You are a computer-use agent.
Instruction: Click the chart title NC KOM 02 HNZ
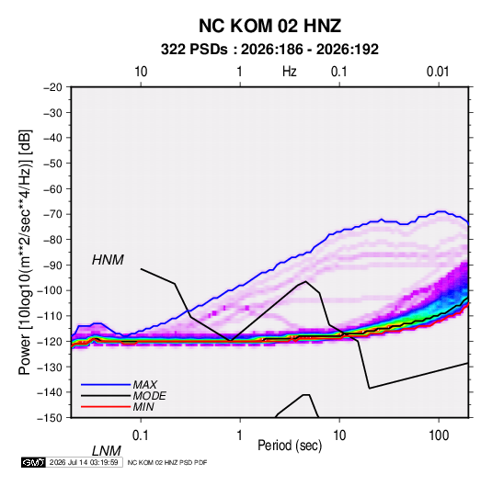(269, 26)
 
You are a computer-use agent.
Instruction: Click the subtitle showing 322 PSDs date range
(269, 50)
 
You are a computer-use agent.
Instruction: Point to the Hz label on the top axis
(290, 72)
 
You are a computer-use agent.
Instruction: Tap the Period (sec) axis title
(290, 446)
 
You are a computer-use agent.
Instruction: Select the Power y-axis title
(25, 252)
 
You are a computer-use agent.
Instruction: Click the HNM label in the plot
(108, 260)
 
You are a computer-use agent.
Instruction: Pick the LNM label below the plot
(106, 451)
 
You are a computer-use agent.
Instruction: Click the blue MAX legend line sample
(106, 385)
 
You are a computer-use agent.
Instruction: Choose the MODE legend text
(149, 396)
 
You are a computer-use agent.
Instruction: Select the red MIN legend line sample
(106, 407)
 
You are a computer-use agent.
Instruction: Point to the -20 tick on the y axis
(52, 87)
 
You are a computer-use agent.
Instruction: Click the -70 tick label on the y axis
(52, 214)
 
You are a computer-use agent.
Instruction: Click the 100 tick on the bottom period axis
(439, 435)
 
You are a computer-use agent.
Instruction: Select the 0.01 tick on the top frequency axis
(438, 72)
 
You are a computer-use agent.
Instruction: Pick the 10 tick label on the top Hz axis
(141, 72)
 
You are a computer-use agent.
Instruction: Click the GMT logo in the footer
(33, 462)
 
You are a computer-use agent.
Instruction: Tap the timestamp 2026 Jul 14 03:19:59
(84, 462)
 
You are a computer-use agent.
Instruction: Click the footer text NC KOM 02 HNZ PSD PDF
(167, 462)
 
